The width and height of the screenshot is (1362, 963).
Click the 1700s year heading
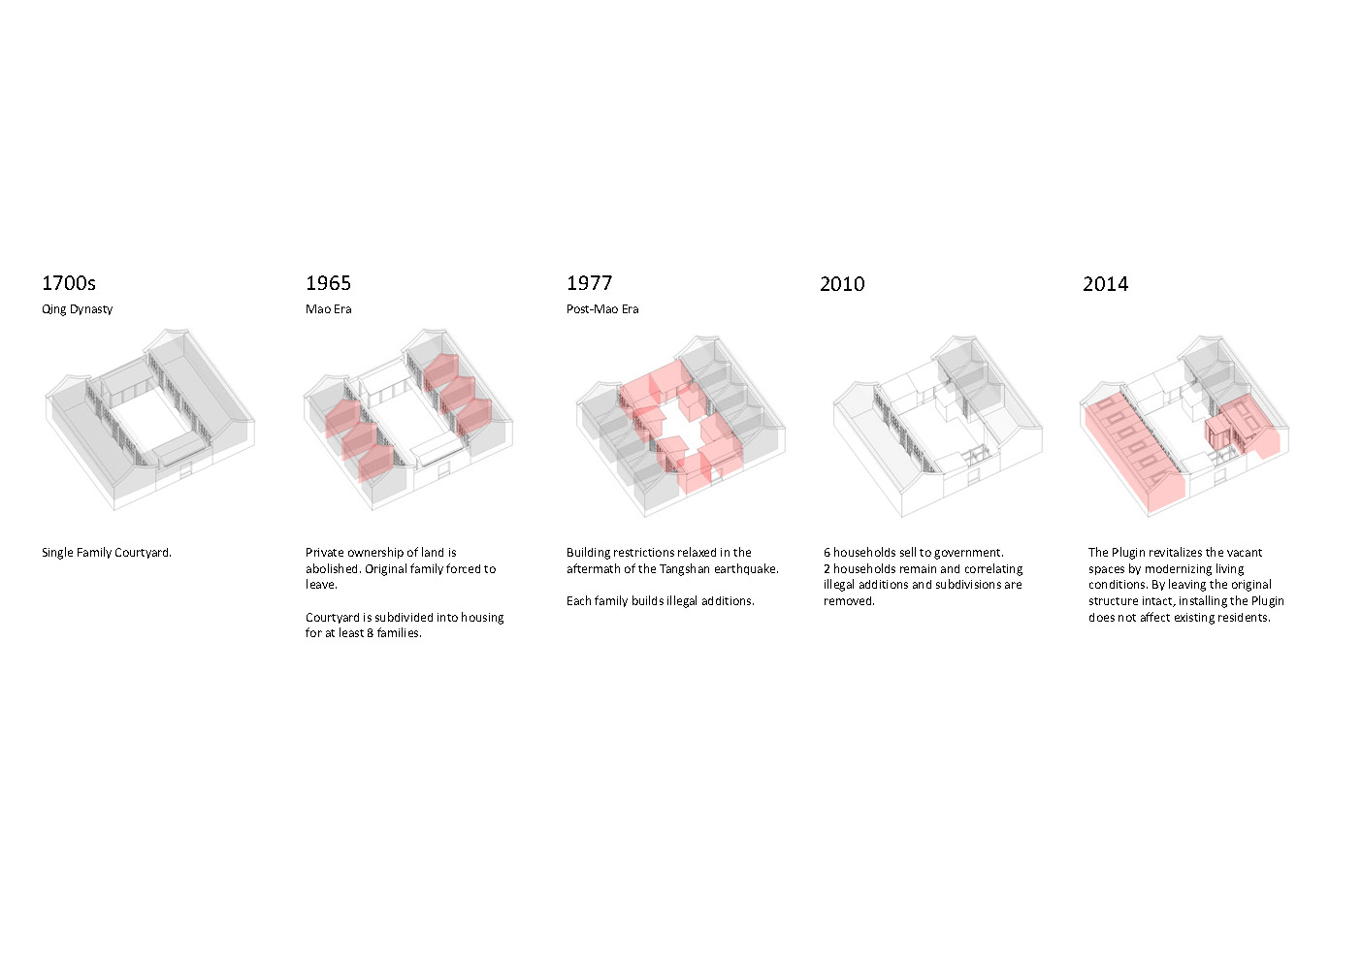point(69,283)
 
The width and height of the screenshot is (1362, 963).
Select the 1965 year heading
point(328,283)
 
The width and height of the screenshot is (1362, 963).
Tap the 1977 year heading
point(589,283)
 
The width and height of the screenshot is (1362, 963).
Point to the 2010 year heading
point(842,284)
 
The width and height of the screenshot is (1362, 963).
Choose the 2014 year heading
point(1105,284)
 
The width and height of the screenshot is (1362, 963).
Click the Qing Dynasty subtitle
point(77,309)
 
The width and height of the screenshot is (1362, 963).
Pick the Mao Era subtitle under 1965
point(328,309)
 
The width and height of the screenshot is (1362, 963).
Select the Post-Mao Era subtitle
point(602,309)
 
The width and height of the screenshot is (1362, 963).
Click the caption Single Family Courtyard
point(106,553)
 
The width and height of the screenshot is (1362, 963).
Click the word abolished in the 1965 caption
point(333,569)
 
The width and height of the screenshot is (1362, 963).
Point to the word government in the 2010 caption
point(971,553)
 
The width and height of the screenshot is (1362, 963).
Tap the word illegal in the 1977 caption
point(681,601)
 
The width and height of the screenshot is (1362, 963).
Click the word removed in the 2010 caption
point(849,601)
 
